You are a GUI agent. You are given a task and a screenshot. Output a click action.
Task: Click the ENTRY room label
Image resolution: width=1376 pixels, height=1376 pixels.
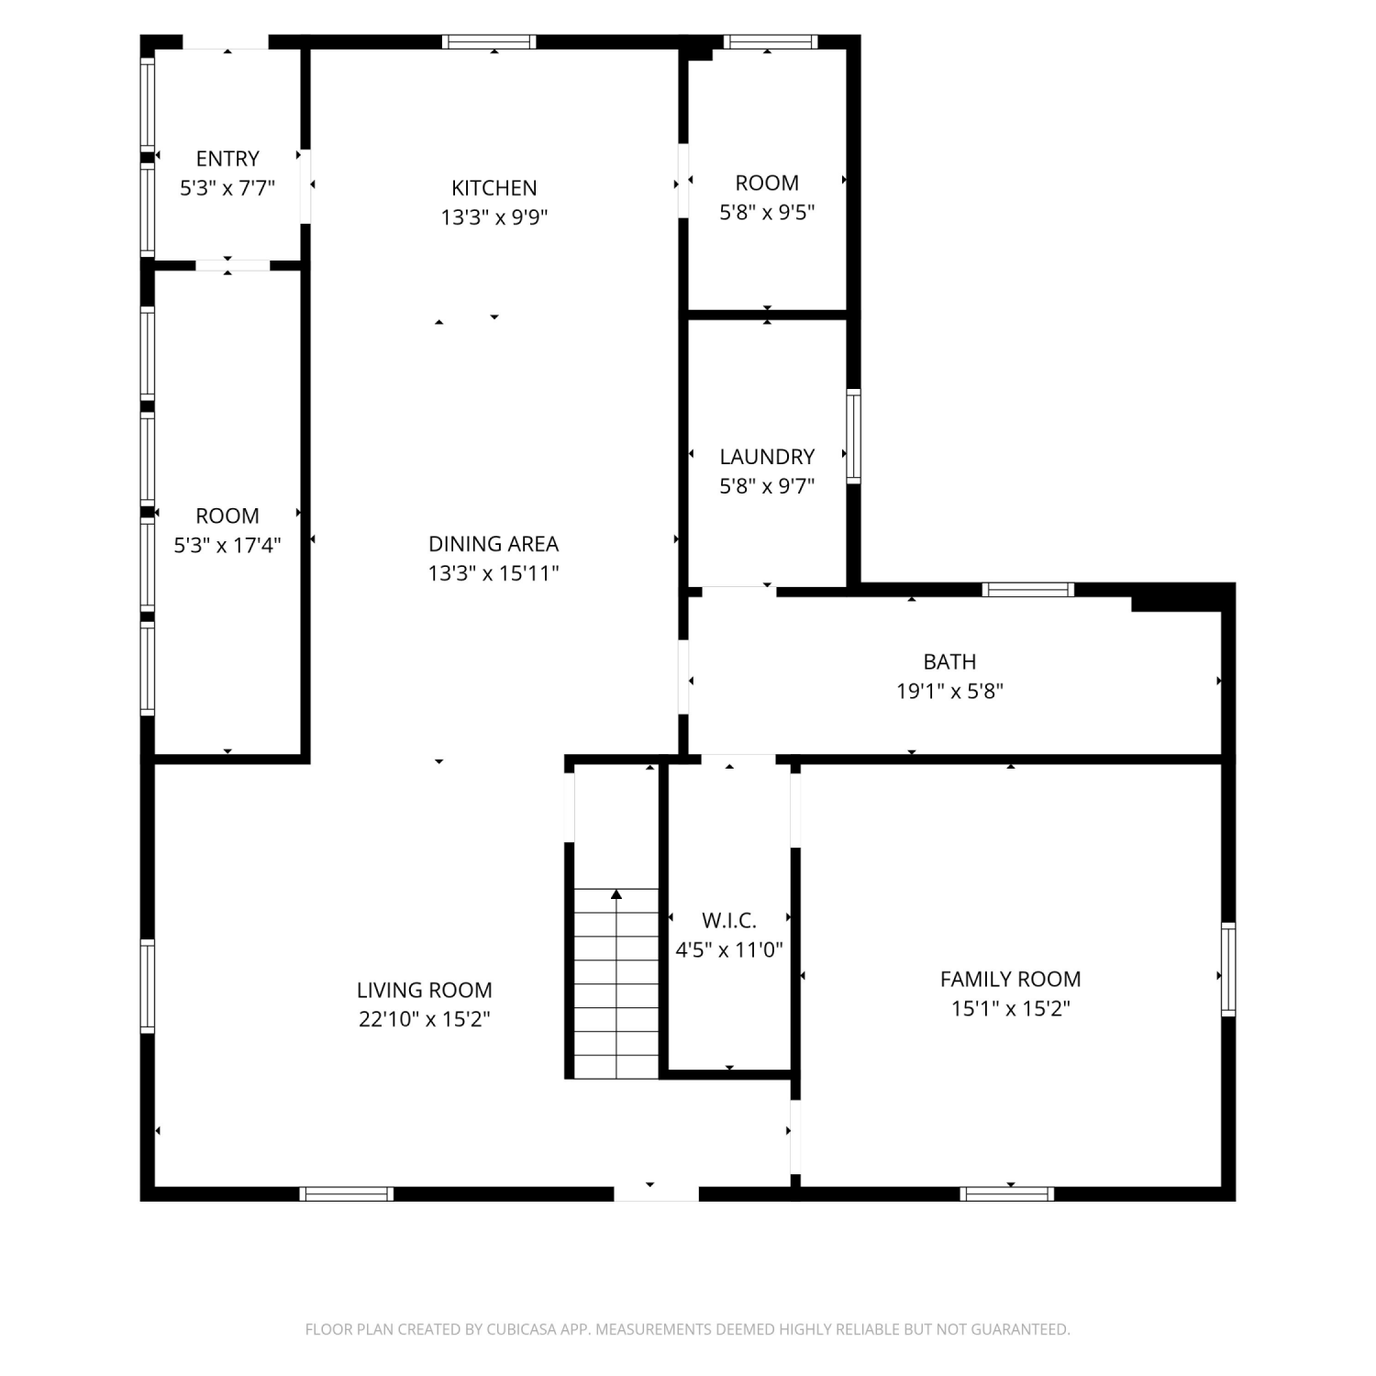227,159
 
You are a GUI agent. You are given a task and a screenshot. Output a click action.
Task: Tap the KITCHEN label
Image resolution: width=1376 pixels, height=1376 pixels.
494,188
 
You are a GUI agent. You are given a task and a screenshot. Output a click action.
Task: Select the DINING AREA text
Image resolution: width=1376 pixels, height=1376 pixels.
494,544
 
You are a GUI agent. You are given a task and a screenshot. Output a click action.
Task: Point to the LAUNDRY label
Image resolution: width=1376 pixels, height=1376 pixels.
767,457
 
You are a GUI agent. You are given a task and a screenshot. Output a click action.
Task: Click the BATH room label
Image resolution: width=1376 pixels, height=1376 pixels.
949,661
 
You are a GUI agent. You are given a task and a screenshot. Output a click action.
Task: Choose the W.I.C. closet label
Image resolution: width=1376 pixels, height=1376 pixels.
729,920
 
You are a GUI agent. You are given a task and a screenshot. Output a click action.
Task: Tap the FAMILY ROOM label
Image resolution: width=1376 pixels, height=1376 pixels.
1011,979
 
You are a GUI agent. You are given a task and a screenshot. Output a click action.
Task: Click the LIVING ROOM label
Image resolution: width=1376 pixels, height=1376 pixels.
425,990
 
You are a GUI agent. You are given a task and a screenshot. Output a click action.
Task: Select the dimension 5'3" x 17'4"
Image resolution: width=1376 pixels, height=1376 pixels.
227,545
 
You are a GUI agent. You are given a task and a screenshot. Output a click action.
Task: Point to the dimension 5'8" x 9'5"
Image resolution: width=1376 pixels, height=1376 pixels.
767,212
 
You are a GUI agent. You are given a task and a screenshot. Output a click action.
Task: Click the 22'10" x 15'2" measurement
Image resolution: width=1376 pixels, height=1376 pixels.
425,1019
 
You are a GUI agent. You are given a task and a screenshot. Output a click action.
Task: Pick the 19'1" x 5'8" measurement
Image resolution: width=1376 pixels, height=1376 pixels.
949,691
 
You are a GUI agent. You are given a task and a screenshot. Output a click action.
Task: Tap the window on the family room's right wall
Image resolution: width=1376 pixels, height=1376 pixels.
1228,969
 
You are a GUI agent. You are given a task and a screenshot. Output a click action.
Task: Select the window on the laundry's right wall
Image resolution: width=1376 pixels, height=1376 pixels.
854,436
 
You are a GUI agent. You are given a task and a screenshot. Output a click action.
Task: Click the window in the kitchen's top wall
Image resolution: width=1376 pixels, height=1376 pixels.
489,41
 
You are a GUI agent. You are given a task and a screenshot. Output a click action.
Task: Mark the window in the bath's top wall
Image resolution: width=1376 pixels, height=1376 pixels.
1027,589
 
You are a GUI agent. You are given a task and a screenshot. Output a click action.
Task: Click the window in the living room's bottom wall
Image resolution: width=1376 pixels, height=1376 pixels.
347,1193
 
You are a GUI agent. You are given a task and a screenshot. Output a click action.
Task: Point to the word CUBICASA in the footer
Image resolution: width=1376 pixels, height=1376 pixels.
524,1329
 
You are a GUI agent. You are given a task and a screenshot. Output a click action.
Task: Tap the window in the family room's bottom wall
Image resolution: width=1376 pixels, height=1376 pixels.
1007,1193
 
